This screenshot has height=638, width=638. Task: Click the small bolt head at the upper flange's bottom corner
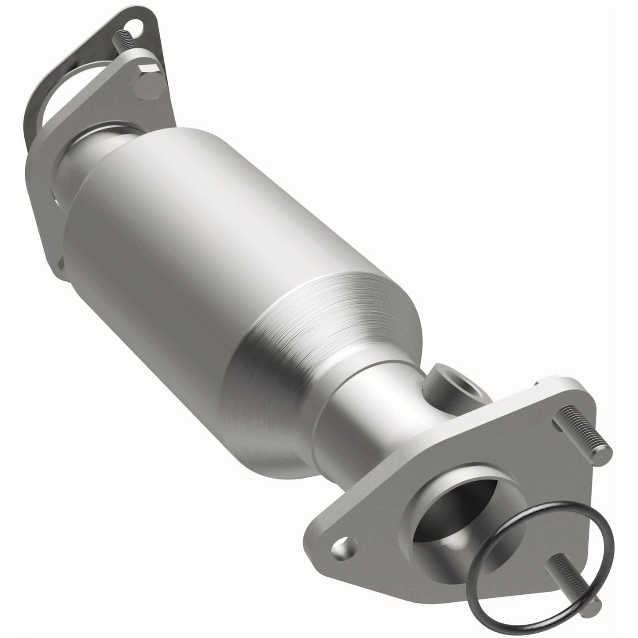point(60,267)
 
